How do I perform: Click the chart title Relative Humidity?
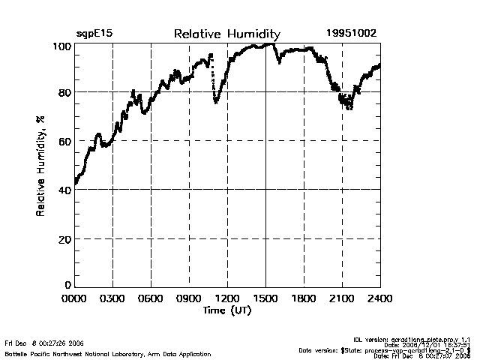[227, 34]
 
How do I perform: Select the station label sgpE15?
[94, 34]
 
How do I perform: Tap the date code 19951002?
[351, 34]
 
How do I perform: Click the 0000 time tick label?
[74, 298]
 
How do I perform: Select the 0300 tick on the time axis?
[112, 298]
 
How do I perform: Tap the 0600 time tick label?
[151, 298]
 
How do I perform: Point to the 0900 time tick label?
[189, 298]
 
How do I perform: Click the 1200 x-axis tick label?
[227, 298]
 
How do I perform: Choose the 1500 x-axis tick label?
[265, 298]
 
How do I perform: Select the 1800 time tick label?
[304, 298]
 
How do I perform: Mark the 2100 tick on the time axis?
[342, 298]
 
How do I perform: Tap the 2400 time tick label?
[379, 298]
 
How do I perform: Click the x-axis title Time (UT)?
[227, 310]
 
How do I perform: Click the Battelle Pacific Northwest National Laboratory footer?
[108, 353]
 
